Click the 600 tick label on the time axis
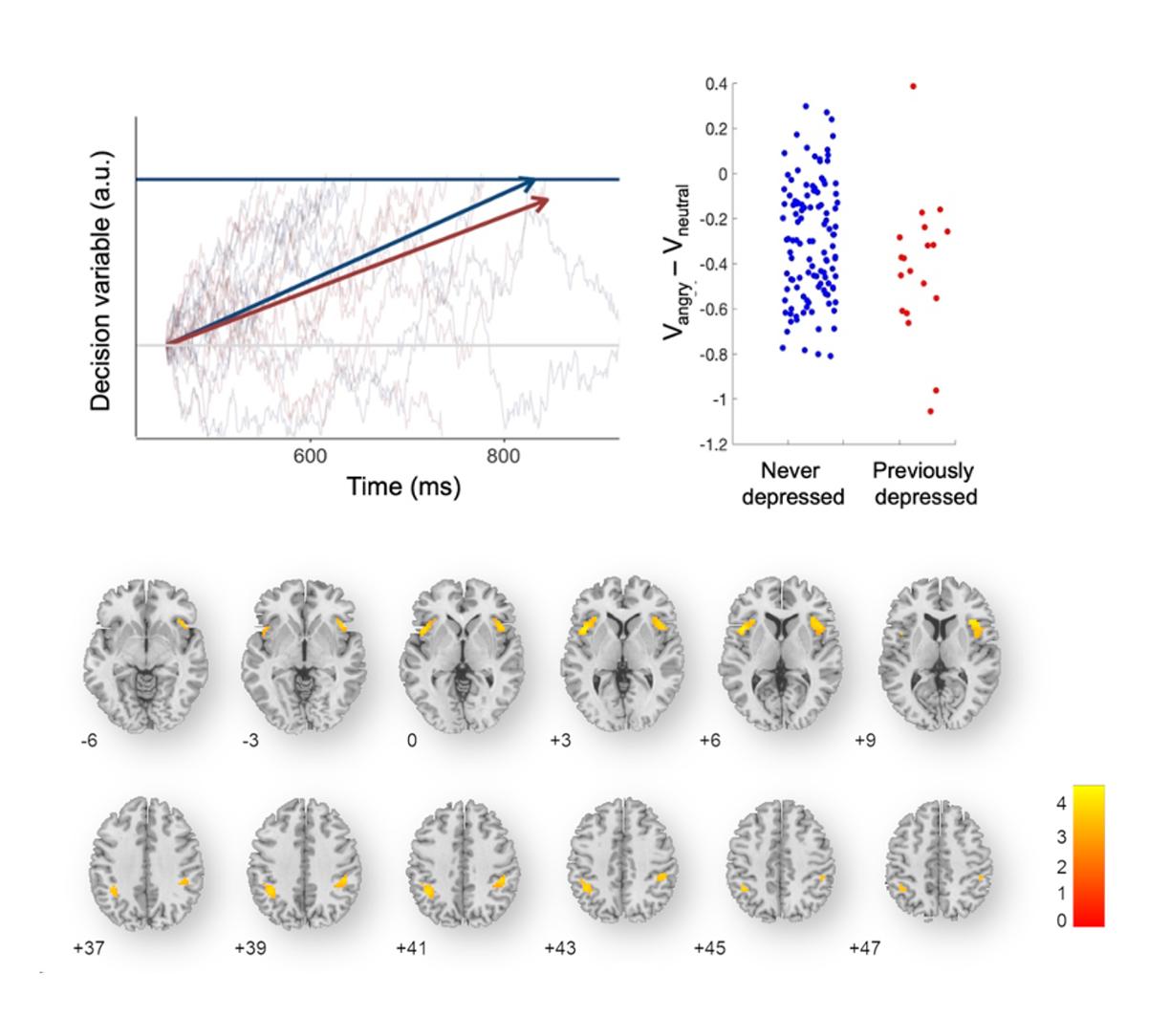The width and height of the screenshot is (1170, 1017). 311,457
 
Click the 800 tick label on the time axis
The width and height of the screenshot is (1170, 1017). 503,457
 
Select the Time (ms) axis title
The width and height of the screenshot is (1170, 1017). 403,487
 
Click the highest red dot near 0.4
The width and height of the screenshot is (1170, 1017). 913,86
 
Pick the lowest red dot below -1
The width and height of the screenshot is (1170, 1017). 930,411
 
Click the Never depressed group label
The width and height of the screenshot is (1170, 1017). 792,484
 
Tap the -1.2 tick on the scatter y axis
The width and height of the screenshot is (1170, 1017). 714,444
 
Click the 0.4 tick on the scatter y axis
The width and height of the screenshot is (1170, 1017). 718,84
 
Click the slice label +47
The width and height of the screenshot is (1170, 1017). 864,948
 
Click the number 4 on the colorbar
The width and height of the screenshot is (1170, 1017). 1061,804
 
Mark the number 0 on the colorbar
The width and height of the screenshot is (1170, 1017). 1061,920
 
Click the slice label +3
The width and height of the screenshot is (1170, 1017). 561,741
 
